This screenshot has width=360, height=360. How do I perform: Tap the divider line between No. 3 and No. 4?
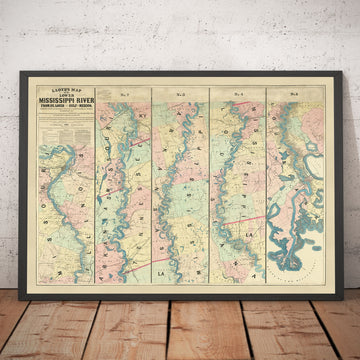tap(208, 180)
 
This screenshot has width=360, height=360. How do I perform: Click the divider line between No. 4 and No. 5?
tap(265, 180)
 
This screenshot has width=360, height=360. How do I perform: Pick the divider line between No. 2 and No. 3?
tap(151, 180)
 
